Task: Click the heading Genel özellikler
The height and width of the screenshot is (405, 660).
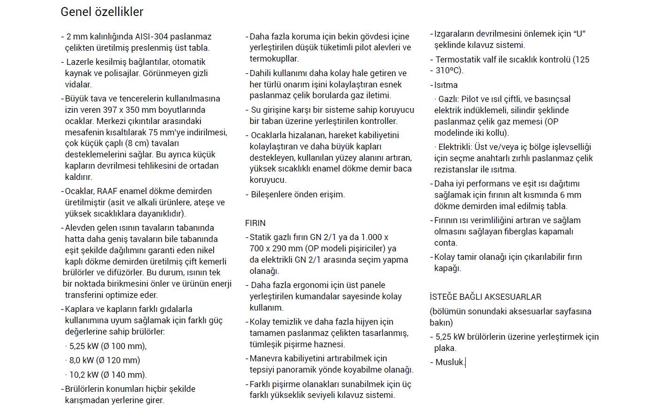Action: pos(102,12)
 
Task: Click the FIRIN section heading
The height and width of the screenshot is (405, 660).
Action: pos(255,223)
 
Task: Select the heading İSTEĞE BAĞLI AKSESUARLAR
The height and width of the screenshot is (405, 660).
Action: pos(485,297)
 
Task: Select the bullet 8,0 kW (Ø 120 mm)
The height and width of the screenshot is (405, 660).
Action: pos(104,360)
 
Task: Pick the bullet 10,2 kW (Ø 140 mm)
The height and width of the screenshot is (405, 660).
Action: pos(107,374)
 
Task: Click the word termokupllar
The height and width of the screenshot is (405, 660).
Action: pos(274,59)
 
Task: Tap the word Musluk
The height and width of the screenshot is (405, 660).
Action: pos(449,362)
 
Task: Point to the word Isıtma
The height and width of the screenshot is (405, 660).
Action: pos(445,85)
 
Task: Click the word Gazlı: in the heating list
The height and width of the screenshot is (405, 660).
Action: pos(449,99)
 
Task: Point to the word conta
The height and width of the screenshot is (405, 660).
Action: pos(445,243)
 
